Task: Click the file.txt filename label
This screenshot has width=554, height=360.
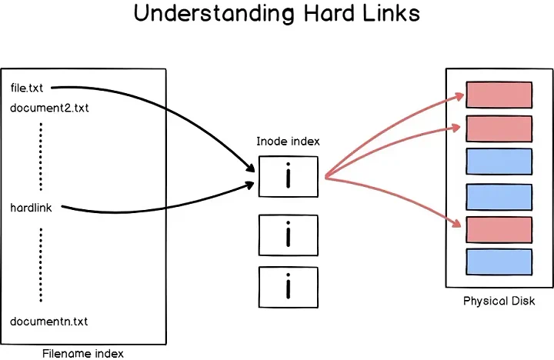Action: (27, 88)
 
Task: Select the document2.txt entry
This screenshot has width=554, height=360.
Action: (49, 108)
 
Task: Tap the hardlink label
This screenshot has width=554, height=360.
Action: (31, 208)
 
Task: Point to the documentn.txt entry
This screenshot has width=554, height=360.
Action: (48, 322)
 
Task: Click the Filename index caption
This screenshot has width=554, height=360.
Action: (83, 353)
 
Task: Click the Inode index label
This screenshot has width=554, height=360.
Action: (288, 142)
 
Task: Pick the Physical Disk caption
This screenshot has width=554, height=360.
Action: (499, 301)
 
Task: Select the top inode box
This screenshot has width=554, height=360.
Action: (289, 177)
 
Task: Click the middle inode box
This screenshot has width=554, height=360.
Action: (289, 235)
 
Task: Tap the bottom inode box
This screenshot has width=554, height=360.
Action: (289, 287)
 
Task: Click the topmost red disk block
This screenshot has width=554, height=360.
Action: (499, 95)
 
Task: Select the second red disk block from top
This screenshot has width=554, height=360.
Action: (499, 129)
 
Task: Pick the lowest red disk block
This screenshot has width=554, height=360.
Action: (499, 230)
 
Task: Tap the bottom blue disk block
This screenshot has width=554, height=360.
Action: (499, 262)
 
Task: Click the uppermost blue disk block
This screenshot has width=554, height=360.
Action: (499, 162)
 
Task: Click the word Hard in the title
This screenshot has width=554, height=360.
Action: (329, 13)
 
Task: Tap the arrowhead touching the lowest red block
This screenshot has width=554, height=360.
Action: (456, 222)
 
